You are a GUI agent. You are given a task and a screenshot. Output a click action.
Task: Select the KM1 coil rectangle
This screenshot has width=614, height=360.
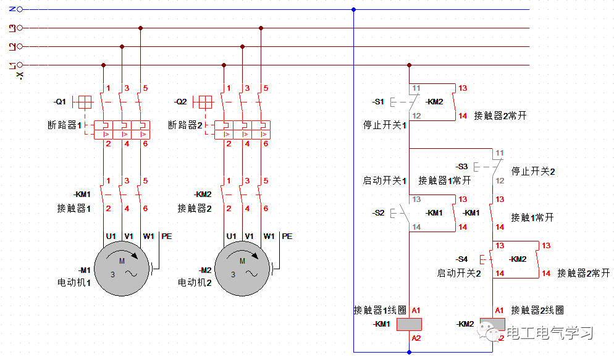[x=409, y=324]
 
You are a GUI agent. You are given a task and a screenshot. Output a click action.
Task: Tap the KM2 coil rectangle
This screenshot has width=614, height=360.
[x=492, y=324]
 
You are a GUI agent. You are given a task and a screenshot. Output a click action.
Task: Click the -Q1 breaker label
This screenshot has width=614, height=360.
[x=59, y=101]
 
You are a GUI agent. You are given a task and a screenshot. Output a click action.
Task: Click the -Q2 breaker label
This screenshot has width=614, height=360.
[x=180, y=101]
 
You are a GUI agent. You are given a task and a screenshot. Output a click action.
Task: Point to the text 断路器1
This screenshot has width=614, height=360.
[x=65, y=125]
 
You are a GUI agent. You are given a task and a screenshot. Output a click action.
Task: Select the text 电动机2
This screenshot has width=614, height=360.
[x=195, y=283]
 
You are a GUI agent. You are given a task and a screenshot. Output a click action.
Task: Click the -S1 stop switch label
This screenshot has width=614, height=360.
[x=378, y=101]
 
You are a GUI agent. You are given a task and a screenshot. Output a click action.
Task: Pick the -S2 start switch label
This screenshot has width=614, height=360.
[x=378, y=213]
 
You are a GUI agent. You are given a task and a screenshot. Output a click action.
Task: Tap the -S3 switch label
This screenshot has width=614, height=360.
[x=461, y=167]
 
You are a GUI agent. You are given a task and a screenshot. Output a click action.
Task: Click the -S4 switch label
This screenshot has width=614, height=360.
[x=461, y=259]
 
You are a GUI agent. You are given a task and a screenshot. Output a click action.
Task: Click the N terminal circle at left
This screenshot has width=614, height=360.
[x=20, y=9]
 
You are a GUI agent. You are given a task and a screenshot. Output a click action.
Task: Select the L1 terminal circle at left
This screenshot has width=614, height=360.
[x=20, y=65]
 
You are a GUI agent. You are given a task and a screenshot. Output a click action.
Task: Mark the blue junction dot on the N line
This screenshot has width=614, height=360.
[x=353, y=9]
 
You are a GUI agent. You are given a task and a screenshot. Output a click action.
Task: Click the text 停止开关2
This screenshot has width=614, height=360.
[x=533, y=171]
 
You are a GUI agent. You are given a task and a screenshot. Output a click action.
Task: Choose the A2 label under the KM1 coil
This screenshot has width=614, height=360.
[x=416, y=338]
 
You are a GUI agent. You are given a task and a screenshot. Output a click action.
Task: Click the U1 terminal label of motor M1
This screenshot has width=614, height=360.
[x=111, y=236]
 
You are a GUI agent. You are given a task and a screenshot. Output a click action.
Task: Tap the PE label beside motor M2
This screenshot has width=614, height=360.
[x=287, y=236]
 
